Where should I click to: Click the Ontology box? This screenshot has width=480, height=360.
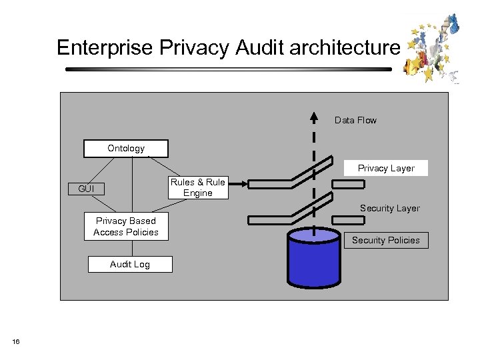click(126, 148)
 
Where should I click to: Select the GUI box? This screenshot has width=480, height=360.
click(87, 189)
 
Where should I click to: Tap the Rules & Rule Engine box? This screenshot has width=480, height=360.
click(197, 187)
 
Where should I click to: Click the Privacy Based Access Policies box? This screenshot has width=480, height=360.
click(126, 227)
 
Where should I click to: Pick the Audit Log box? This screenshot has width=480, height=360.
click(130, 264)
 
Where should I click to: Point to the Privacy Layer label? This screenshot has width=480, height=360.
click(386, 168)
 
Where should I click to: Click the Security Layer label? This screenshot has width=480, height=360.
click(389, 208)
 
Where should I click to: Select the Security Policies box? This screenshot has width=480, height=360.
click(386, 240)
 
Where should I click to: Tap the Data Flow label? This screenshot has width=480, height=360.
click(355, 120)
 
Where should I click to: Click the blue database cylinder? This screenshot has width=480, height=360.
click(313, 257)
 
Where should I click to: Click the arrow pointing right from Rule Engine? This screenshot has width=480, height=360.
click(239, 181)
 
